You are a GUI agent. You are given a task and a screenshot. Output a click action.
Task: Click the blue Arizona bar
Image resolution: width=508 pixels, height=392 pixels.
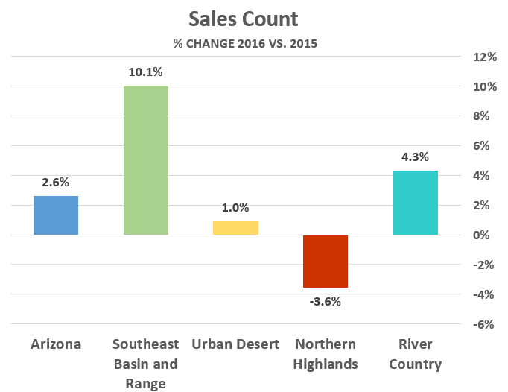coord(56,215)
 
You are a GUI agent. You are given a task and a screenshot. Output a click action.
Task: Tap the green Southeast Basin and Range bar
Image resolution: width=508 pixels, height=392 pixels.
coord(145,160)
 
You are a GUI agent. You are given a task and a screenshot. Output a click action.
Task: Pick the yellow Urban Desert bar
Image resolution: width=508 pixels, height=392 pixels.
coord(235,227)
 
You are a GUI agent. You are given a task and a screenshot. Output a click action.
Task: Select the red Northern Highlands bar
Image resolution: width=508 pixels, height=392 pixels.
coord(326,261)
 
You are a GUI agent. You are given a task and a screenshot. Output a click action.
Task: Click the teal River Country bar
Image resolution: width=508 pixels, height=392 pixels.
coord(415,203)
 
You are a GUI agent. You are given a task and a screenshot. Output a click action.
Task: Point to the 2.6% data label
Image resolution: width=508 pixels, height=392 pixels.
coord(56,182)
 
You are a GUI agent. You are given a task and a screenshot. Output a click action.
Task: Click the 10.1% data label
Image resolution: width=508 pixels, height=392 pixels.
coord(145,72)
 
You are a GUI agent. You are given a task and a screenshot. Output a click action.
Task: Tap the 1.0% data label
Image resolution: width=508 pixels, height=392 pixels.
coord(235,208)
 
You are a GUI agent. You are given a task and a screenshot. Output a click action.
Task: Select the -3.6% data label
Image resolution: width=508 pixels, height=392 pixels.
coord(326,302)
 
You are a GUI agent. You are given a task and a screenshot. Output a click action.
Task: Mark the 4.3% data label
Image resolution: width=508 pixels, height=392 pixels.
coord(415,157)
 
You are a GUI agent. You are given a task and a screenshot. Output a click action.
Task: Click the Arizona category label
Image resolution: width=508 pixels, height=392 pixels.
coord(56,344)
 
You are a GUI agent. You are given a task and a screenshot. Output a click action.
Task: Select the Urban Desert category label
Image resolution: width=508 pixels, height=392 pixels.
coord(235,344)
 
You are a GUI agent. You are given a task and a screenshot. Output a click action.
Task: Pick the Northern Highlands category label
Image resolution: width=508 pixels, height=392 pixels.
coord(326,354)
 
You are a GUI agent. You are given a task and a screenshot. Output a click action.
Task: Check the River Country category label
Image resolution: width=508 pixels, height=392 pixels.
coord(415,354)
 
